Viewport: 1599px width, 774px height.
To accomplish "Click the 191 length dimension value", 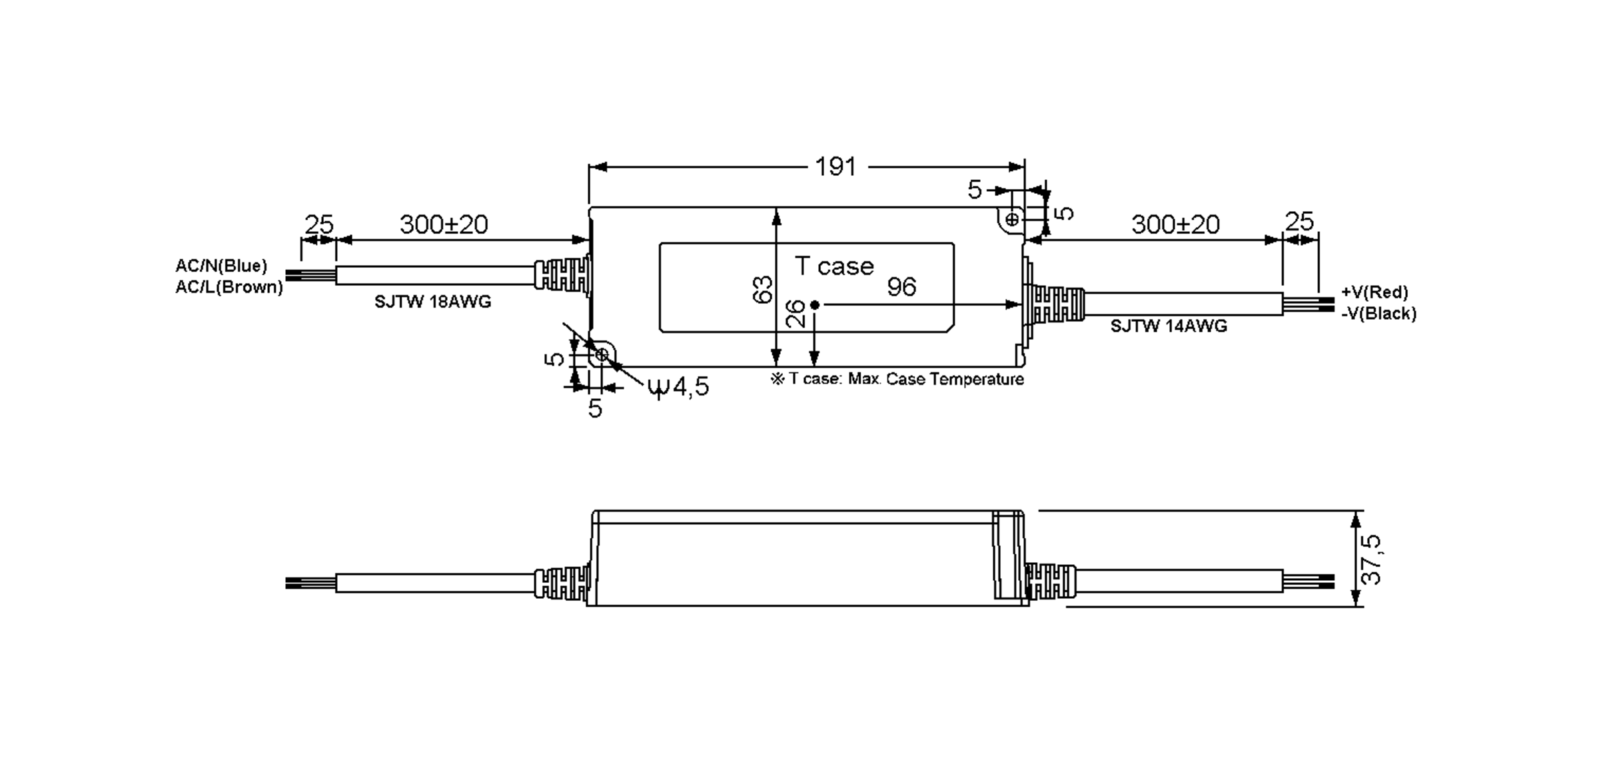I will [x=835, y=167].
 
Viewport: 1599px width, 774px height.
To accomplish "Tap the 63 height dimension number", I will [x=762, y=290].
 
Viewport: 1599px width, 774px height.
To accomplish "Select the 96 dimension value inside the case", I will [x=901, y=287].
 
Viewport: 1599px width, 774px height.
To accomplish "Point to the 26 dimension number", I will [x=796, y=314].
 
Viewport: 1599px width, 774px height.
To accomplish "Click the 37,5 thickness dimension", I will [x=1371, y=560].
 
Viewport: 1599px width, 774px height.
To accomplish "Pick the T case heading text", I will [x=834, y=266].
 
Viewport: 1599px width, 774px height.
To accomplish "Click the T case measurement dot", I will [x=814, y=305].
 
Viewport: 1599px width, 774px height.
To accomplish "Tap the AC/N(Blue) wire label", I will [x=221, y=266].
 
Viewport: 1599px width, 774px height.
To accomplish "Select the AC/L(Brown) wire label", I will [x=229, y=287].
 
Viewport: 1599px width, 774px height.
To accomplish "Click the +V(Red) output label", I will [x=1374, y=292].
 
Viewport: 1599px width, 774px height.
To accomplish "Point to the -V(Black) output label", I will [x=1378, y=313].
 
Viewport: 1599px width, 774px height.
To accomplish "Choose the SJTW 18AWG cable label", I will [x=432, y=302].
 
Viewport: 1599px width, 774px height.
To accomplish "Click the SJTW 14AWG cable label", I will [x=1168, y=326].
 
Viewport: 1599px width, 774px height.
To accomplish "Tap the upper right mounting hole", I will [x=1012, y=218].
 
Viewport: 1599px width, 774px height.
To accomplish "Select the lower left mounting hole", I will [x=601, y=355].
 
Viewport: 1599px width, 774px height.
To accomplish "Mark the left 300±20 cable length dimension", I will [x=444, y=224].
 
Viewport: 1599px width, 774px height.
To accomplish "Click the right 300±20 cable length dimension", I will [x=1175, y=224].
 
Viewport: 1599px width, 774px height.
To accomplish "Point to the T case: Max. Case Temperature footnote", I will [x=897, y=379].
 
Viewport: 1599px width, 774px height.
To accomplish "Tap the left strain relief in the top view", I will [x=562, y=275].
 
